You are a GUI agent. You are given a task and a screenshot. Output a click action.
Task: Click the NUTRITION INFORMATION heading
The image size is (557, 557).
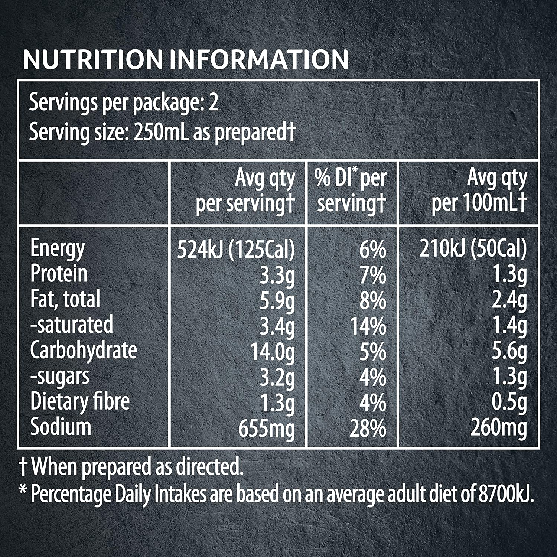[x=186, y=59]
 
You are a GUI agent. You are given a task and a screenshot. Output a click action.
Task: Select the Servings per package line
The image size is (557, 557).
[x=124, y=103]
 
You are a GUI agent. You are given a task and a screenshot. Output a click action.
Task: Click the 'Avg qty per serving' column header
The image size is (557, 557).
[x=245, y=191]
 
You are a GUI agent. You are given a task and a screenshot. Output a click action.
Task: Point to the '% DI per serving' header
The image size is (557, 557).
[x=351, y=191]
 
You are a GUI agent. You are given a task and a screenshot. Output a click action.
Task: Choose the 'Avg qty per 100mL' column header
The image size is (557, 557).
[x=479, y=191]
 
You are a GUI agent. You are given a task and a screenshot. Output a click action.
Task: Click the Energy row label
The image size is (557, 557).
[x=57, y=248]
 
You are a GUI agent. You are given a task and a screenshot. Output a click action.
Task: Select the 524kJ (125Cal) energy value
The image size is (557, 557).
[x=236, y=249]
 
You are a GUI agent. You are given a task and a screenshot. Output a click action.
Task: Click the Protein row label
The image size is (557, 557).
[x=59, y=274]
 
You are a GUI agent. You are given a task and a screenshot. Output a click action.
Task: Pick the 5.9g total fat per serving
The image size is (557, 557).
[x=277, y=300]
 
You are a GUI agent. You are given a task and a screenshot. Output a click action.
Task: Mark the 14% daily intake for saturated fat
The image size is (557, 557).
[x=368, y=326]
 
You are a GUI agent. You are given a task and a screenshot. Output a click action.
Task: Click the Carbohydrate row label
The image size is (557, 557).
[x=84, y=351]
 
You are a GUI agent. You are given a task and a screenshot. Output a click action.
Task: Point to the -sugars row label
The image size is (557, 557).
[x=60, y=377]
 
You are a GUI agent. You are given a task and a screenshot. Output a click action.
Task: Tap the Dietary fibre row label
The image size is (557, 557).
[x=80, y=402]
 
